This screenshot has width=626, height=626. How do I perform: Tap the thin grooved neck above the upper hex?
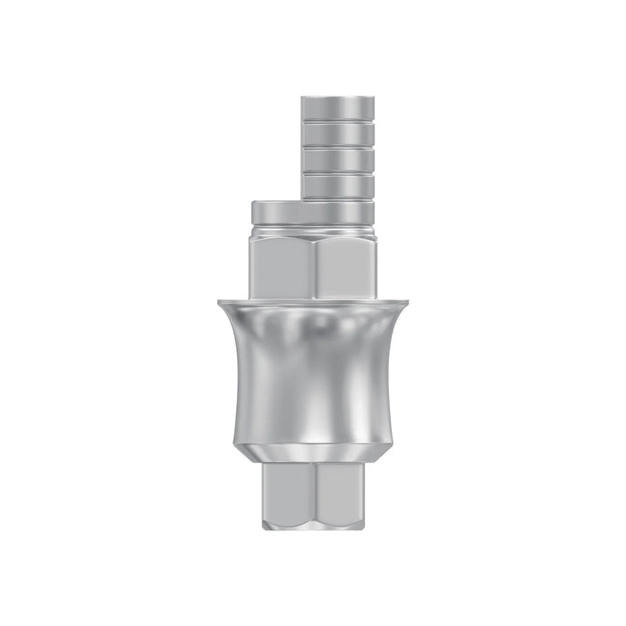[x=313, y=231]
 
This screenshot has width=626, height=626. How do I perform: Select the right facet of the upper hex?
[x=346, y=264]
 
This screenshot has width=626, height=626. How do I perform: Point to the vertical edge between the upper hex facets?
[x=315, y=264]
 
